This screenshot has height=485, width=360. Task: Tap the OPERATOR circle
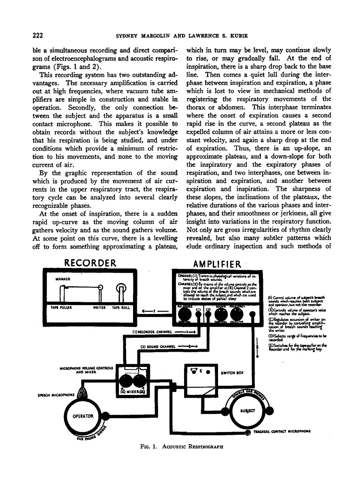[83, 415]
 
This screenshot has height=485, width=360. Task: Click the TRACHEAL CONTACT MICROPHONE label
[282, 431]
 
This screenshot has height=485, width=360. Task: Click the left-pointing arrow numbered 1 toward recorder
[154, 311]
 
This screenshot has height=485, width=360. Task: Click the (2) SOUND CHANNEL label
[158, 346]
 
